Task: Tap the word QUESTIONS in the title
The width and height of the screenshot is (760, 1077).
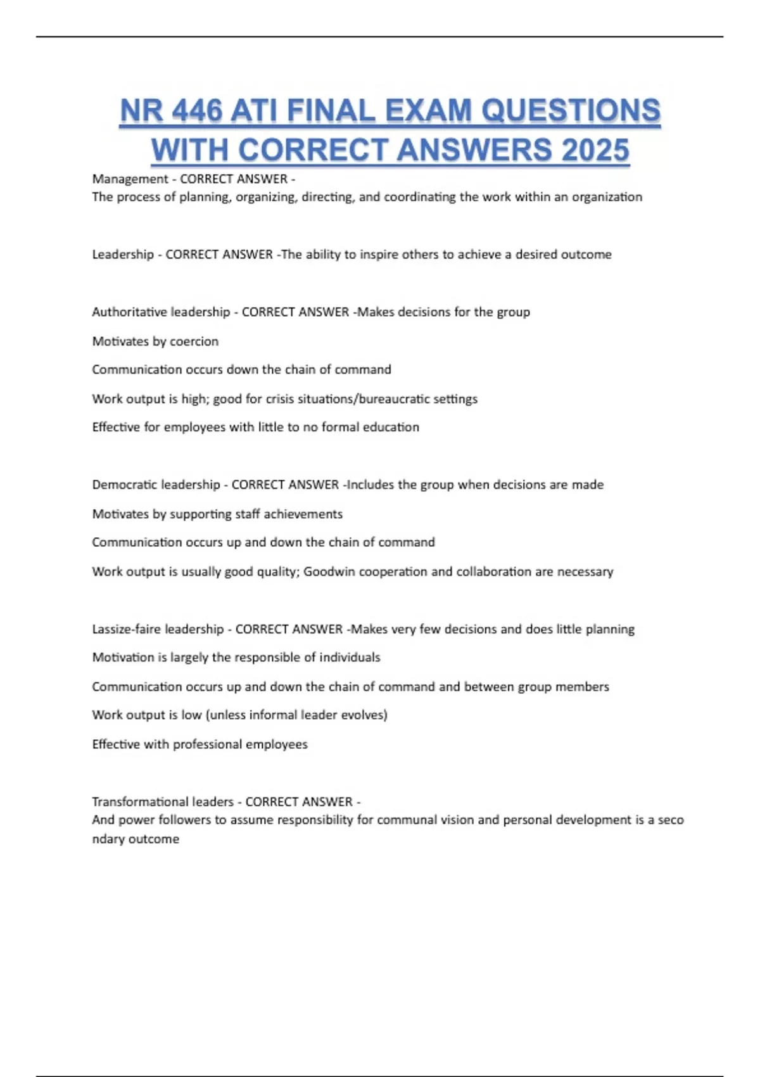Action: click(x=571, y=112)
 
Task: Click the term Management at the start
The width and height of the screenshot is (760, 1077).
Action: click(x=130, y=179)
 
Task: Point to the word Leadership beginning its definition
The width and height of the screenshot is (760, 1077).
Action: click(x=123, y=255)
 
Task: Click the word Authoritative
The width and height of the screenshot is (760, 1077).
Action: click(x=133, y=312)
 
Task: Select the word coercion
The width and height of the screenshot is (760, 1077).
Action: click(x=194, y=341)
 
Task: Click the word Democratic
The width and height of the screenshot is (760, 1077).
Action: click(x=127, y=485)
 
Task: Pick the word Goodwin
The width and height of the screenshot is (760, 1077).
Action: click(x=329, y=571)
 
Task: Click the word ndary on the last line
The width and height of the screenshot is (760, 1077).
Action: click(x=109, y=839)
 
